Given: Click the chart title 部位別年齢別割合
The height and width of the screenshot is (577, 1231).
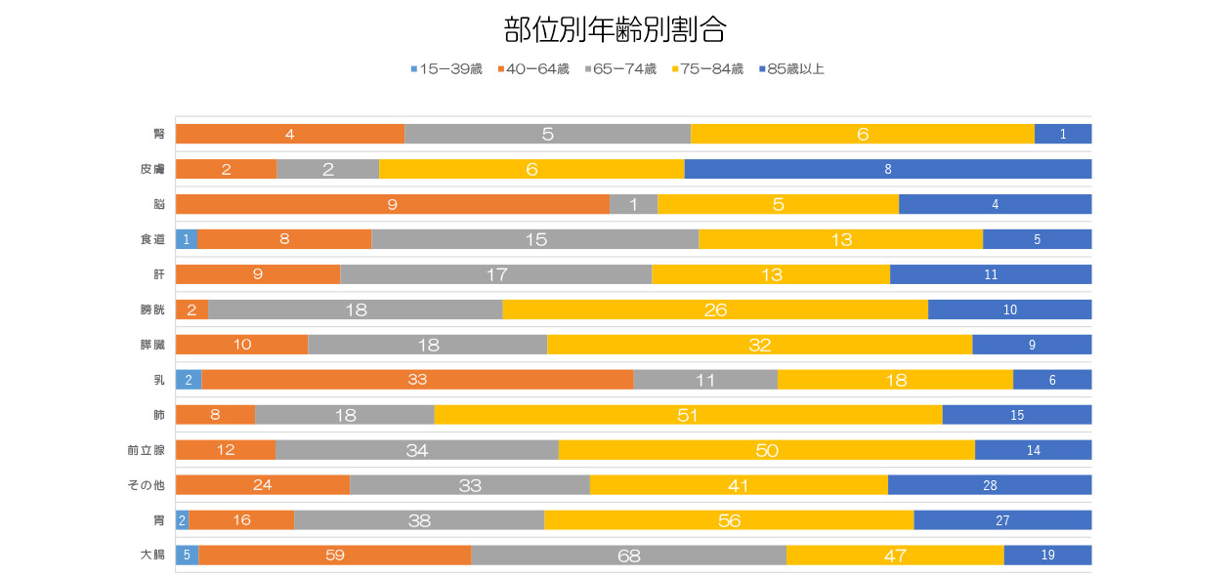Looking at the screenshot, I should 615,30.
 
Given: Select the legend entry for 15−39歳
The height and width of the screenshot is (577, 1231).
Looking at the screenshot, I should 446,69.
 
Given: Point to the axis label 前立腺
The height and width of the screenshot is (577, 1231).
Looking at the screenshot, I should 146,450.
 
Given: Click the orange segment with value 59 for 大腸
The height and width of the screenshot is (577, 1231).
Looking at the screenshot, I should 335,556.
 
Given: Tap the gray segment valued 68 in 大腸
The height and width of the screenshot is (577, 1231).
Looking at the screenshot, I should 628,556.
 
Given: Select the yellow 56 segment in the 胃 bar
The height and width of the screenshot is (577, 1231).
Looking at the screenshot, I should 729,520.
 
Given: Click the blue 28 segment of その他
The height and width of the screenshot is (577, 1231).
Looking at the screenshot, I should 990,485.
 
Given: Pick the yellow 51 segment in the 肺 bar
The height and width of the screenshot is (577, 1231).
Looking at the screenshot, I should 688,415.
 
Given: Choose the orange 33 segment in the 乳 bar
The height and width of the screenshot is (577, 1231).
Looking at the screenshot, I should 417,380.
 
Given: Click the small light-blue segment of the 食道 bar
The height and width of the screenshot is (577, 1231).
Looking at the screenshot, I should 186,239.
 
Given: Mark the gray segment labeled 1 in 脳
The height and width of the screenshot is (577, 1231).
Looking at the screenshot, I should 633,204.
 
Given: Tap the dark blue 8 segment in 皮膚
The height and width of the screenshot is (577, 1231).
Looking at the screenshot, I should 888,169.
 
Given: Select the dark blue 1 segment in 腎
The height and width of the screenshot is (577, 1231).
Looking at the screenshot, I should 1063,134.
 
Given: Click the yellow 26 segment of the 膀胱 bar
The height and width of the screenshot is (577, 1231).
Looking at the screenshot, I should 715,309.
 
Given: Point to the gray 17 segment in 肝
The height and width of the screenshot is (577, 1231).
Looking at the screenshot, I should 495,274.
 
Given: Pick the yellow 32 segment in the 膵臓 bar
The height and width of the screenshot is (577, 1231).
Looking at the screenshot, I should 759,345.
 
